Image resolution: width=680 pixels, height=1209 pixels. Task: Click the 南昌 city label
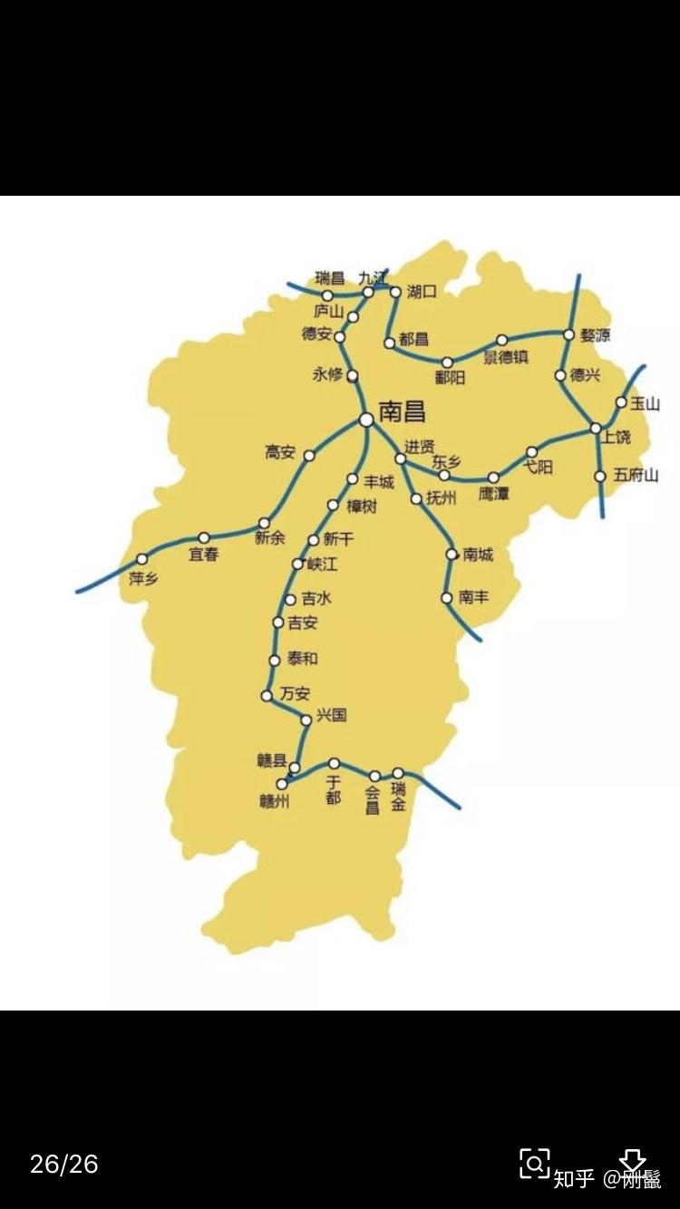click(403, 412)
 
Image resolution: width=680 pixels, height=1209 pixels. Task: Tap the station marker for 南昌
click(365, 419)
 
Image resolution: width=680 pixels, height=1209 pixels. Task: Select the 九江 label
click(373, 277)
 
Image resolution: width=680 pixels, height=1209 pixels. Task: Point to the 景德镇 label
click(505, 357)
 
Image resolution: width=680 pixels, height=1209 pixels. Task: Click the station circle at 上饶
click(596, 428)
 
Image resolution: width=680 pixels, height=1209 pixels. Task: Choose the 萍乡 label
click(143, 578)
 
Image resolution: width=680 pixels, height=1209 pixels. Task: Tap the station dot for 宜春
click(204, 537)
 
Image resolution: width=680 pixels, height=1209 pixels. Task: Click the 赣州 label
click(273, 800)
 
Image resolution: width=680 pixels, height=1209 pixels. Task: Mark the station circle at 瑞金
click(397, 773)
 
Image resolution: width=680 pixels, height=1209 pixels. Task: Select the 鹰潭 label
click(494, 494)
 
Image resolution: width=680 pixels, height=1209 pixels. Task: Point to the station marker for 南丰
click(446, 597)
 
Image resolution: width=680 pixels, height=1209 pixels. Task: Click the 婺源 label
click(596, 335)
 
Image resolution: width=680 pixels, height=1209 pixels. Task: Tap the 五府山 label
click(635, 475)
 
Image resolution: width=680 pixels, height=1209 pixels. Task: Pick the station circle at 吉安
click(277, 622)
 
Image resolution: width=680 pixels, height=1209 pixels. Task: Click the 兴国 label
click(332, 715)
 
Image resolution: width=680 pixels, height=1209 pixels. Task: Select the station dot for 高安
click(308, 456)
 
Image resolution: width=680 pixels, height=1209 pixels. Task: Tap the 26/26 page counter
click(63, 1164)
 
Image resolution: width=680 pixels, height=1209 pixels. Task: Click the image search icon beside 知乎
click(534, 1164)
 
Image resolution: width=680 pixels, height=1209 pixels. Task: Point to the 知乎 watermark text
click(573, 1178)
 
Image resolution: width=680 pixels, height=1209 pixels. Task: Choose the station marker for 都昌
click(390, 343)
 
